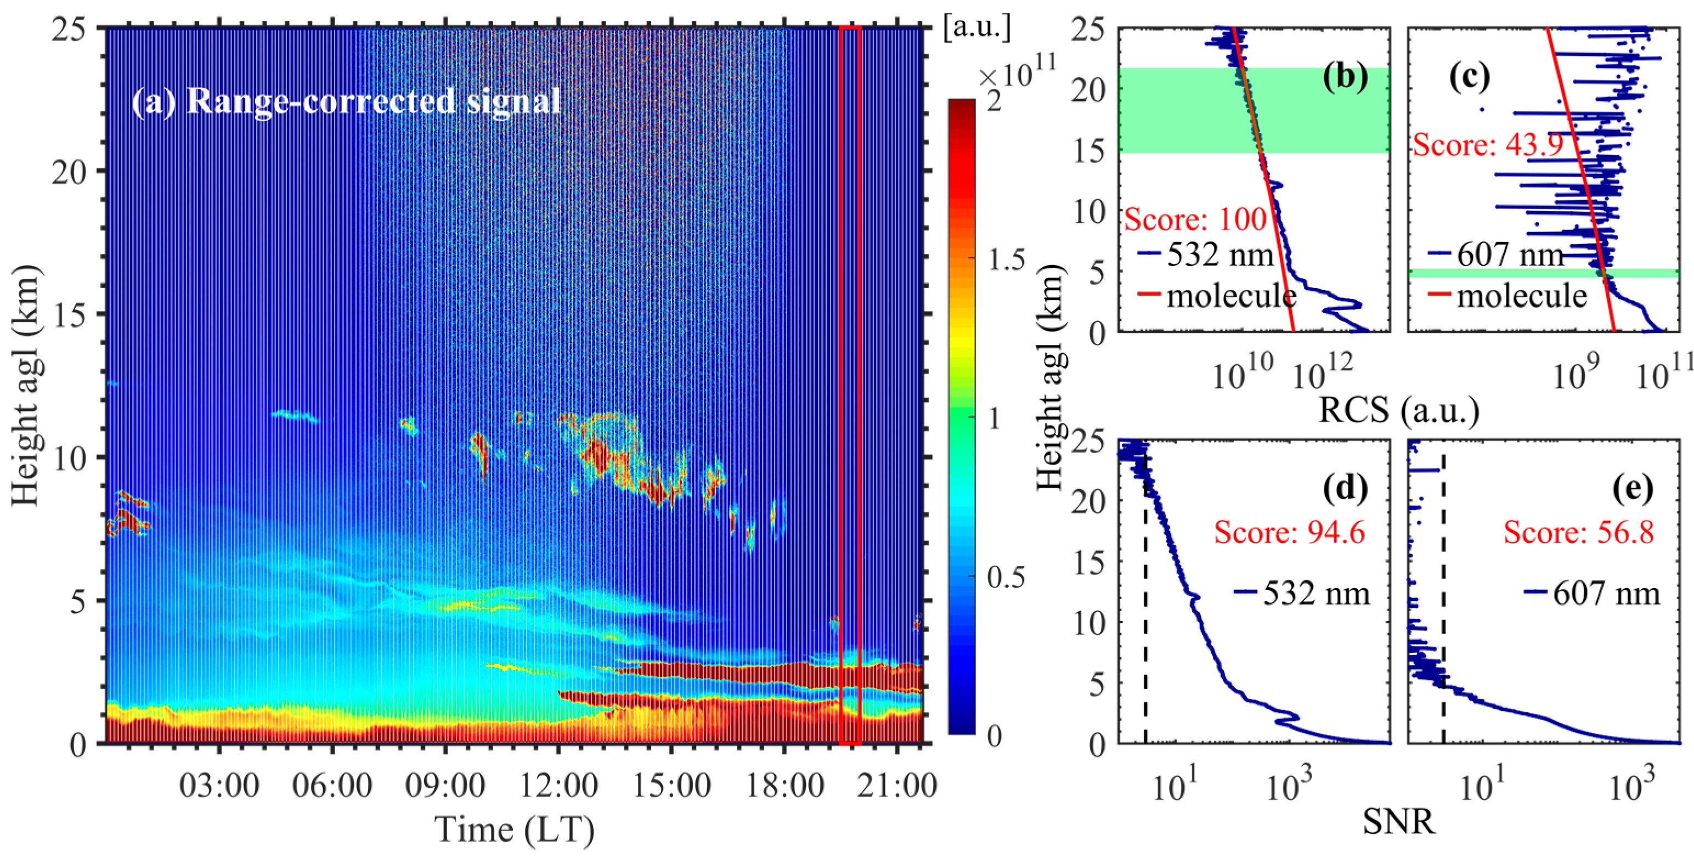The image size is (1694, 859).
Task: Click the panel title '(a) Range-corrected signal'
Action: coord(346,103)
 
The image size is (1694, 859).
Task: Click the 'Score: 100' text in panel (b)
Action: coord(1195,219)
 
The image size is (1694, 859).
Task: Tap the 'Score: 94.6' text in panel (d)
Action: coord(1290,532)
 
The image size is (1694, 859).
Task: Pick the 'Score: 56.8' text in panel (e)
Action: coord(1578,532)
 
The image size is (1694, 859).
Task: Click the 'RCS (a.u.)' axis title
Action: coord(1399,411)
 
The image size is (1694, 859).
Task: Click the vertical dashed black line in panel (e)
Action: coord(1443,625)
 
